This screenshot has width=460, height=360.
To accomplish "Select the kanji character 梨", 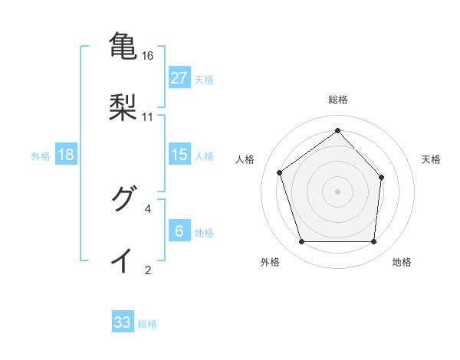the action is [123, 106].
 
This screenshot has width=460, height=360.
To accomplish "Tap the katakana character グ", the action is [123, 198].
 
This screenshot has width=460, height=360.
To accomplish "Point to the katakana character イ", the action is [123, 260].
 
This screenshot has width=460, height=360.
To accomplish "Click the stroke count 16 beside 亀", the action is [148, 56].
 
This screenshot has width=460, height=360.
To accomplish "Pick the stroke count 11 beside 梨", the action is [148, 116].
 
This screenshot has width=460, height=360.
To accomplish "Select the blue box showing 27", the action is [179, 77].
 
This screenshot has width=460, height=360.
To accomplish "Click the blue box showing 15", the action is [179, 155].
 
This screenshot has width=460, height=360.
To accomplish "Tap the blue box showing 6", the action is [179, 231].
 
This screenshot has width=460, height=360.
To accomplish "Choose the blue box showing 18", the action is [66, 155].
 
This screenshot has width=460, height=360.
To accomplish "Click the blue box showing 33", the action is [123, 322].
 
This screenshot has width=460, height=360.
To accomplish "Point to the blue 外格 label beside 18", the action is [41, 156].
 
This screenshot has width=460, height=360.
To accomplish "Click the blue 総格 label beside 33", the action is [147, 324].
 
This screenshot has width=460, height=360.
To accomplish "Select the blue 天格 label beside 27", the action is [204, 79].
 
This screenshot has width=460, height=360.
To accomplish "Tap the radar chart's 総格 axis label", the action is [337, 100].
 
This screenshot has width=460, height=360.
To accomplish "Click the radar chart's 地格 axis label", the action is [402, 263].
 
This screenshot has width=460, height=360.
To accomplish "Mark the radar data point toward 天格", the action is [382, 177].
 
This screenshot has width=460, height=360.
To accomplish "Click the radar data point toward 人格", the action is [280, 172].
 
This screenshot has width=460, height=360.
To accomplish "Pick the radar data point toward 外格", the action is [301, 242].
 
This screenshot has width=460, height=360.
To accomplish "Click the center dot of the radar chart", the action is [337, 191].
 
